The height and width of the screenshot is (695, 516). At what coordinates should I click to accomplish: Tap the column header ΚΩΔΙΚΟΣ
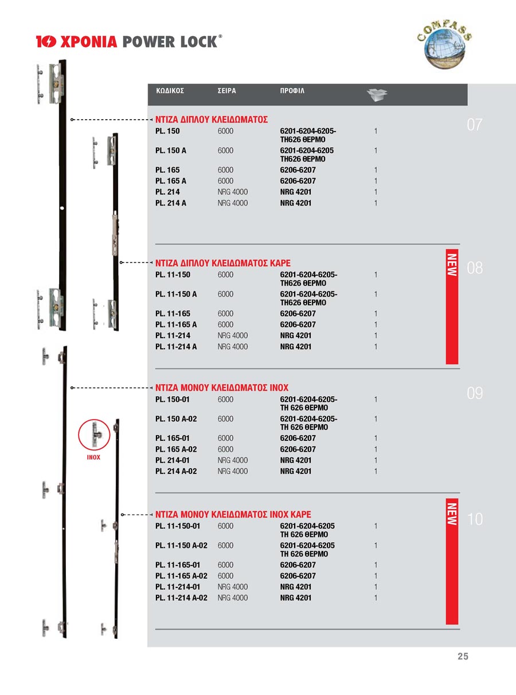(170, 91)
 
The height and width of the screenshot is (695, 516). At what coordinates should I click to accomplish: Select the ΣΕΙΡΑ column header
(226, 91)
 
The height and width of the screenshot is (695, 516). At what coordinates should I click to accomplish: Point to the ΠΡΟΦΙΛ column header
(292, 91)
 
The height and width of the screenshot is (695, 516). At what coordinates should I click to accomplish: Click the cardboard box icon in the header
(377, 94)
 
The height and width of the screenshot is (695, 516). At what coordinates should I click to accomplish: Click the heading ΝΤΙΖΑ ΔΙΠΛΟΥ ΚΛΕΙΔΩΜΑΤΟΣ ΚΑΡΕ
(223, 263)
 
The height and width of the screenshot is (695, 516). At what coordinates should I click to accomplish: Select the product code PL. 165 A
(170, 181)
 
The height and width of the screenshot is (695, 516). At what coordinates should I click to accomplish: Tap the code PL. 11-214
(173, 335)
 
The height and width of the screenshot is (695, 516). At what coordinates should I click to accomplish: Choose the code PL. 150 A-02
(176, 419)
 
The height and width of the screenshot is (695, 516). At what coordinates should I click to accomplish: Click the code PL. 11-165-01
(177, 565)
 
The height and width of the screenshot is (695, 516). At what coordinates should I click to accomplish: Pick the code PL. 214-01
(173, 460)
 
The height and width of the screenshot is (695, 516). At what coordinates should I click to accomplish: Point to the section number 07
(474, 125)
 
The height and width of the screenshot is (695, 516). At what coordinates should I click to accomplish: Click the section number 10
(475, 519)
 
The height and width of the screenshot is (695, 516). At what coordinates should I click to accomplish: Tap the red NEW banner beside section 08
(452, 306)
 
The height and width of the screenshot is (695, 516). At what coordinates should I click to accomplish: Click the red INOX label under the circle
(93, 457)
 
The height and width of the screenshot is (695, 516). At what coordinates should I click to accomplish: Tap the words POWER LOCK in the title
(170, 42)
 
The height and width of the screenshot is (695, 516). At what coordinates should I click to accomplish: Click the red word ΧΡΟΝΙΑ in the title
(89, 42)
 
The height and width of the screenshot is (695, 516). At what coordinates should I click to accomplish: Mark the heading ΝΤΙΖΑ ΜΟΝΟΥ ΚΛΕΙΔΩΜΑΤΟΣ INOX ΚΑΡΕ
(233, 515)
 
